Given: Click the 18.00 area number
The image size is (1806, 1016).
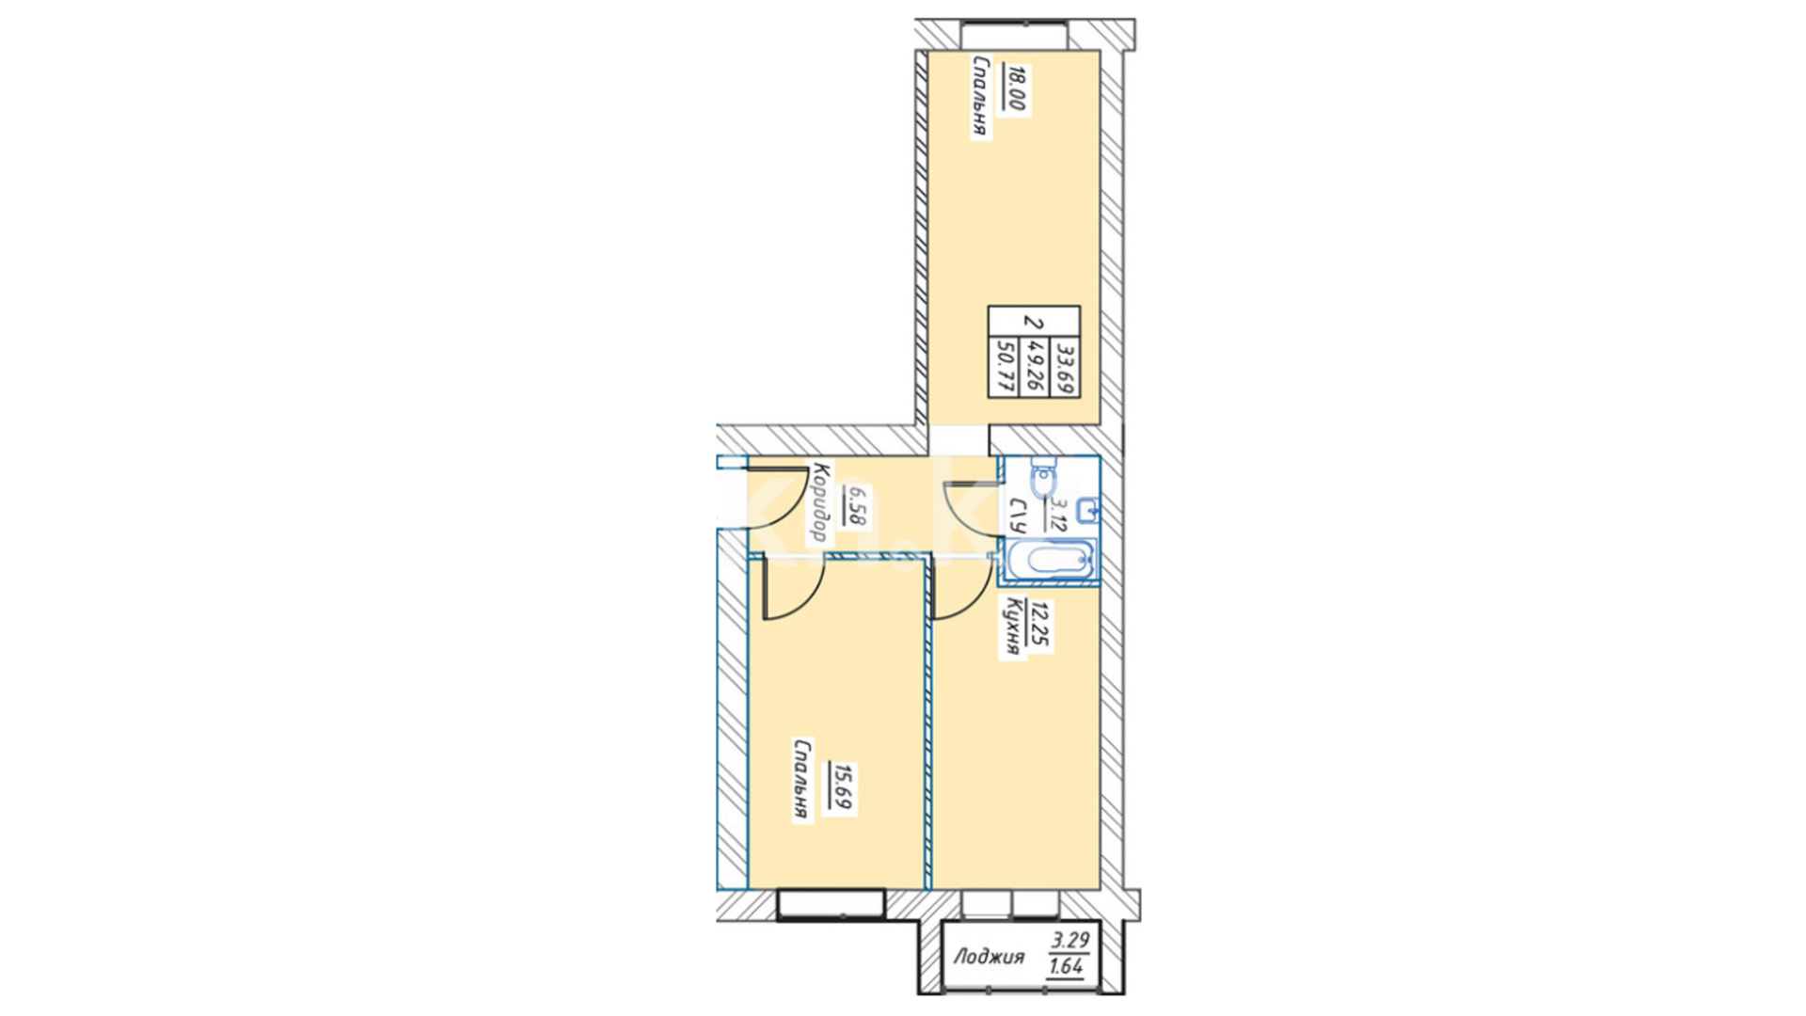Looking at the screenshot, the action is [1014, 87].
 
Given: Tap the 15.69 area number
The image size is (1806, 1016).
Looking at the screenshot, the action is [841, 787].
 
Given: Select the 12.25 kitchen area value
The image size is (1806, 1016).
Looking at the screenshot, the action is [1038, 626].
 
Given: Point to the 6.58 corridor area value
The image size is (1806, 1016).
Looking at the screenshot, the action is [857, 504].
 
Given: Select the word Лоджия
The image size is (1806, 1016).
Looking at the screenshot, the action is [989, 958].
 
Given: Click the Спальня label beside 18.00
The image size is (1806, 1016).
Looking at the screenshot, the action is [980, 97].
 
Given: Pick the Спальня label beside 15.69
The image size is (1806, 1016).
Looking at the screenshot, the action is [801, 780].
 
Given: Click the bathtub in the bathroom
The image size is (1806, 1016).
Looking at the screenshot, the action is [1050, 561].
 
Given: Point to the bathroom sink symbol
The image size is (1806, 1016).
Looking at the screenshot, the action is [1088, 511].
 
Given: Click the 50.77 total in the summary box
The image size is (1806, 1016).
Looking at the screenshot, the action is [1004, 366].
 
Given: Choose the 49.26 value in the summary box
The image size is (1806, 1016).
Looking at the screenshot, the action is [1035, 366].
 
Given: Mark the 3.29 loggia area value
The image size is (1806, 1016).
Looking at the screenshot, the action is [1070, 939].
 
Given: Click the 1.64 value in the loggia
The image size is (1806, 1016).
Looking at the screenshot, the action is [1066, 966].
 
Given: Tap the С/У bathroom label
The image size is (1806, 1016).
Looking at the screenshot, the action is [1018, 516].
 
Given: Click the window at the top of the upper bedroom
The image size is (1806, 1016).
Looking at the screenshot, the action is [1014, 36].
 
